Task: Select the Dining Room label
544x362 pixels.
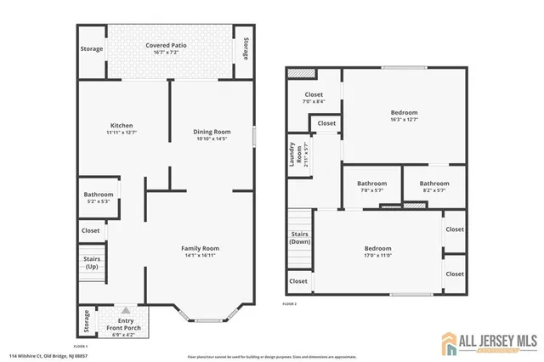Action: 212,132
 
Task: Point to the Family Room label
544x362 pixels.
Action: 206,248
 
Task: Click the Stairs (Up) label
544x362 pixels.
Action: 92,262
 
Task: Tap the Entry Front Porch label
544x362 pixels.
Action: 126,323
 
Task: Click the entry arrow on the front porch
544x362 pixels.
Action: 126,311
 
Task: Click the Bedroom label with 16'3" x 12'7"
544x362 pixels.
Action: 404,113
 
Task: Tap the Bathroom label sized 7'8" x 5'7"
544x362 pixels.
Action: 371,184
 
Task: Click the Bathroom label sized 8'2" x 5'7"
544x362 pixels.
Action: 433,184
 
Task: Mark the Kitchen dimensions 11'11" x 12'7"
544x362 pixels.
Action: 122,133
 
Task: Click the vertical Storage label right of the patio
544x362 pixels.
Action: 246,48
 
